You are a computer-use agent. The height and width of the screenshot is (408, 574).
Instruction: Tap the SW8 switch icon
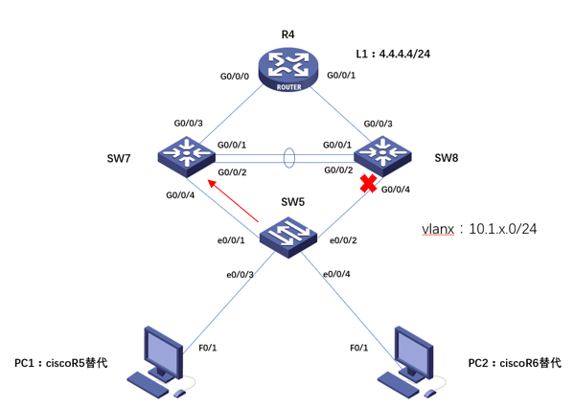[x=381, y=154]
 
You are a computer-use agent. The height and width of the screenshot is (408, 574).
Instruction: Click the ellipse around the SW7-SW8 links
[x=288, y=156]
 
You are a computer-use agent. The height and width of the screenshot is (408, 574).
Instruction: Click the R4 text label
[x=287, y=34]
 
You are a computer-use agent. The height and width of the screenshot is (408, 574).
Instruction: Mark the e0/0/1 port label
[x=230, y=239]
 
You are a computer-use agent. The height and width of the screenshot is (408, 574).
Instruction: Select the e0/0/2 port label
[x=343, y=239]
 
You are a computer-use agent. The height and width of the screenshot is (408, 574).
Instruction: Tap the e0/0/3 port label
[x=241, y=275]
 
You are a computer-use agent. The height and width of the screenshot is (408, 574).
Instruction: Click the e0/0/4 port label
[x=336, y=275]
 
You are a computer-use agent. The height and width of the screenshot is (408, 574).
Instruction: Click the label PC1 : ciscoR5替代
[x=60, y=364]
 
